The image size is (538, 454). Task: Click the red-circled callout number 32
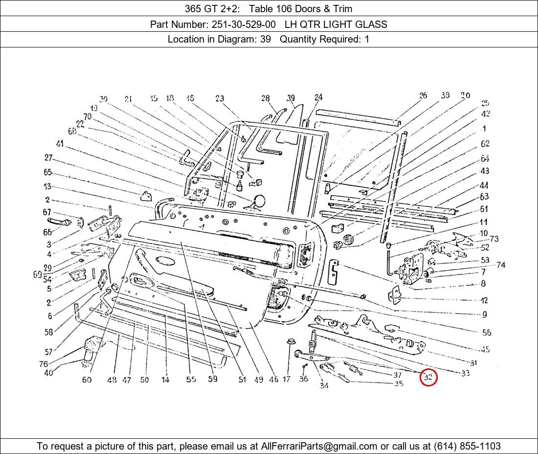pyautogui.click(x=428, y=378)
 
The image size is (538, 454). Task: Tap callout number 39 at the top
pyautogui.click(x=291, y=98)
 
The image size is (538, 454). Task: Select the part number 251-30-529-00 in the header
pyautogui.click(x=244, y=24)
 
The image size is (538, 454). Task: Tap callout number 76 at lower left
pyautogui.click(x=44, y=364)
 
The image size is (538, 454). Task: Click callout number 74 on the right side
pyautogui.click(x=500, y=265)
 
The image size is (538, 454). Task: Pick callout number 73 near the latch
pyautogui.click(x=493, y=239)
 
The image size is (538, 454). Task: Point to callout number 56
pyautogui.click(x=486, y=333)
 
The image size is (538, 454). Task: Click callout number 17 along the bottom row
pyautogui.click(x=286, y=379)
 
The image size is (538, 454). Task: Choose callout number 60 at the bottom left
pyautogui.click(x=87, y=380)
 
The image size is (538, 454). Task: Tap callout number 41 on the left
pyautogui.click(x=60, y=144)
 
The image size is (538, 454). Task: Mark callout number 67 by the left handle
pyautogui.click(x=47, y=212)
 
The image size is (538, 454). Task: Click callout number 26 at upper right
pyautogui.click(x=423, y=95)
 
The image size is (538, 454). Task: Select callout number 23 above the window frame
pyautogui.click(x=220, y=99)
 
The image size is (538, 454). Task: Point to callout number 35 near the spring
pyautogui.click(x=399, y=384)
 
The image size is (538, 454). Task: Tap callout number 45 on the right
pyautogui.click(x=485, y=349)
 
